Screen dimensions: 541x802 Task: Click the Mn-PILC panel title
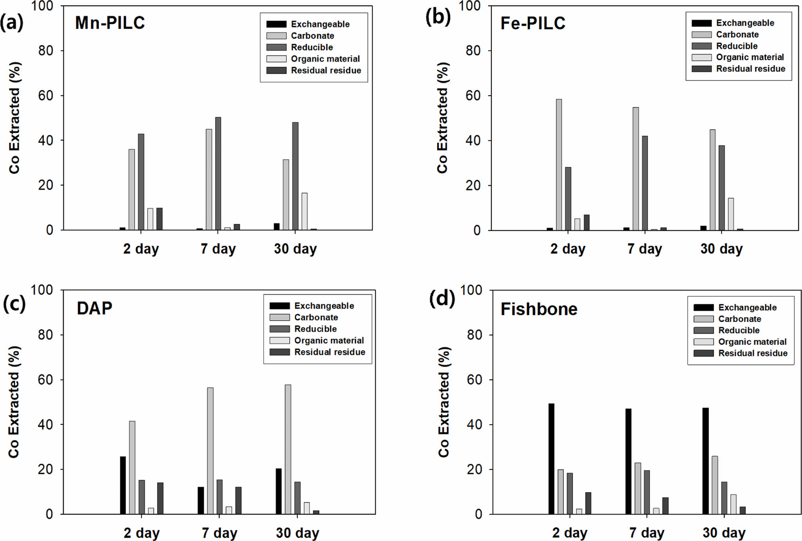point(110,23)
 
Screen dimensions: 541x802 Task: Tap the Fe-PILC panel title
point(533,23)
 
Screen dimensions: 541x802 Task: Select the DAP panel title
point(94,308)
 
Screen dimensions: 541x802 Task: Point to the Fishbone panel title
point(539,309)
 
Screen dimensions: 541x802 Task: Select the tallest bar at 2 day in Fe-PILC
point(559,165)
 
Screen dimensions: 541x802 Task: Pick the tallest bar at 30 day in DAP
point(288,449)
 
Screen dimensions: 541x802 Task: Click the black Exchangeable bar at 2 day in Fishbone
point(551,459)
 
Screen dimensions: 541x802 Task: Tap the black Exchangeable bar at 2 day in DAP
point(123,485)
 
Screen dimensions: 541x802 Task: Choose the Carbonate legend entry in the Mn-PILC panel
point(312,36)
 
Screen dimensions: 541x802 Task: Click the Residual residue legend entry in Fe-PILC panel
point(750,69)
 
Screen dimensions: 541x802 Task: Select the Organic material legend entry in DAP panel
point(329,340)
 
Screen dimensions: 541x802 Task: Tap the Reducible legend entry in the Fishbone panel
point(739,330)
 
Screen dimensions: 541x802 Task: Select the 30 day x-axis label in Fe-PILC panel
point(721,249)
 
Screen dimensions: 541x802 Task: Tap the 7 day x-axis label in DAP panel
point(219,533)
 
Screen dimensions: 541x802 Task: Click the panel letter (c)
point(14,304)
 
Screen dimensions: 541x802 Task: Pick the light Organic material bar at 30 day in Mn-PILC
point(304,211)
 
